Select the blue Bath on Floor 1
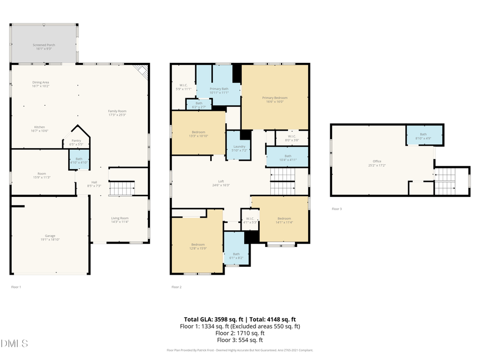[78, 160]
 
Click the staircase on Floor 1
[122, 188]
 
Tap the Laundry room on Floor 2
[239, 148]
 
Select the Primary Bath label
[219, 90]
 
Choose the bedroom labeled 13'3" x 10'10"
[198, 133]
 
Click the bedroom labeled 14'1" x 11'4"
[284, 220]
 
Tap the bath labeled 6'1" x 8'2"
[236, 255]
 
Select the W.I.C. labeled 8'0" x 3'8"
[292, 138]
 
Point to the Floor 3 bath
[423, 136]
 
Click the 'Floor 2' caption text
[177, 287]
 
